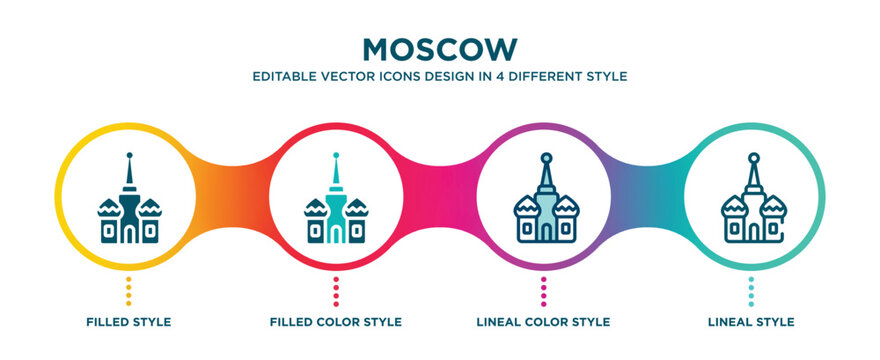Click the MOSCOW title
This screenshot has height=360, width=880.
439,48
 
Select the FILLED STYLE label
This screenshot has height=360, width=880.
128,322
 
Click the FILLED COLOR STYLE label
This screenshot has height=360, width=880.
336,322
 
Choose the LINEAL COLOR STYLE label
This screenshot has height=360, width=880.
543,322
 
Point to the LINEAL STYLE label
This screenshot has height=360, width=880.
751,322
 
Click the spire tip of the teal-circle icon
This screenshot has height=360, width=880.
751,157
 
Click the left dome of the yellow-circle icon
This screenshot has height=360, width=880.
108,209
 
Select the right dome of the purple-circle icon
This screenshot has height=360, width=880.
564,209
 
